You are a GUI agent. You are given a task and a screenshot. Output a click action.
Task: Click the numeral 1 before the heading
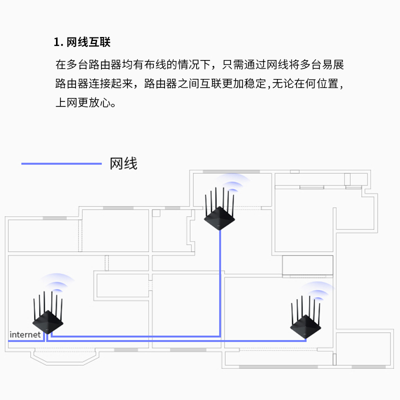pos(56,42)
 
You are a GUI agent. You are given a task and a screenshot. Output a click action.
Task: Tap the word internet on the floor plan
pos(25,334)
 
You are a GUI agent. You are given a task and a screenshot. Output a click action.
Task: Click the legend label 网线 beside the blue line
pos(123,163)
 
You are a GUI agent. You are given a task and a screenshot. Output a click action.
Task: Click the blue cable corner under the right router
pos(305,340)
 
